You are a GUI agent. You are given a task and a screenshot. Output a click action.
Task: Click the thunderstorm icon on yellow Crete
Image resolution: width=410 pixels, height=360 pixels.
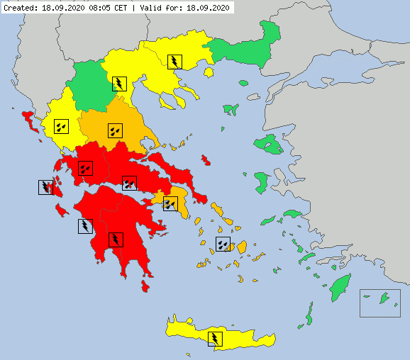[215, 338]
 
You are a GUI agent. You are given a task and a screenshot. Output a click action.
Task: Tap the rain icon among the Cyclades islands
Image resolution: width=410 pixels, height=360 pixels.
[223, 244]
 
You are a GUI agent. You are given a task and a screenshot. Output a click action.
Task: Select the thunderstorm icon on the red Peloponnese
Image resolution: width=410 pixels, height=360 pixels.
[116, 239]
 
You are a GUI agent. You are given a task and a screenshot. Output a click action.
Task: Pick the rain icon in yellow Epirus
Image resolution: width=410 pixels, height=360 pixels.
[61, 127]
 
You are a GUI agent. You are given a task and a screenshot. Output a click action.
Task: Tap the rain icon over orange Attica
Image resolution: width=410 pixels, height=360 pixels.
[170, 204]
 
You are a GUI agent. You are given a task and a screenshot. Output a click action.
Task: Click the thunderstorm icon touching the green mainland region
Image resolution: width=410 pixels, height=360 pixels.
[120, 84]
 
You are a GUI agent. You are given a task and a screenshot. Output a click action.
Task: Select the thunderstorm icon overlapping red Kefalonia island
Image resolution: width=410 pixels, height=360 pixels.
[45, 187]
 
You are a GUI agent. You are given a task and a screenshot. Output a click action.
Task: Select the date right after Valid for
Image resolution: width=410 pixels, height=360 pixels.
[206, 9]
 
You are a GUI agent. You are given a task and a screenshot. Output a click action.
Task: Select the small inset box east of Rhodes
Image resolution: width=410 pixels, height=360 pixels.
[380, 303]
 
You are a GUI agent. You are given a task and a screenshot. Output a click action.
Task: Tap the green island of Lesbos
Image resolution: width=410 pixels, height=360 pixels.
[270, 145]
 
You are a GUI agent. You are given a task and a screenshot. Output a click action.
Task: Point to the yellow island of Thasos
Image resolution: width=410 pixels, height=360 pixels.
[209, 71]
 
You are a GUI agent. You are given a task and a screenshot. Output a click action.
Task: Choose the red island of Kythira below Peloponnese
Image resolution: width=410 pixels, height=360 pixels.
[146, 286]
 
